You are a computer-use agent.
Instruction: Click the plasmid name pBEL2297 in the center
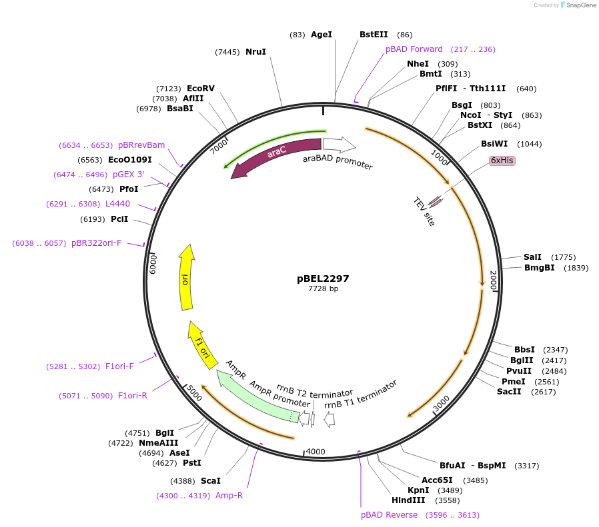[323, 278]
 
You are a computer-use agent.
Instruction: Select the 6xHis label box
[502, 161]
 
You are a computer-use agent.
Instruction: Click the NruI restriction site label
[255, 52]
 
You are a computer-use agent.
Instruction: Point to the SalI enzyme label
[532, 257]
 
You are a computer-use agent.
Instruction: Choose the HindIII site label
[408, 500]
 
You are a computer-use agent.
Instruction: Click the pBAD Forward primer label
[414, 49]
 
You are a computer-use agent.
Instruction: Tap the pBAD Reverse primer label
[389, 515]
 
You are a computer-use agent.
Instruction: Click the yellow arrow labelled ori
[186, 278]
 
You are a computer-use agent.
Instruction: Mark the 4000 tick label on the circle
[316, 451]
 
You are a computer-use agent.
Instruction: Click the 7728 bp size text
[323, 289]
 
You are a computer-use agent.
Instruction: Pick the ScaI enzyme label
[210, 480]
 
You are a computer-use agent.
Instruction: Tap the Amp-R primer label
[229, 496]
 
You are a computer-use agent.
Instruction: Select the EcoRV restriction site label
[200, 89]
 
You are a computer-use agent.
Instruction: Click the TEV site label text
[424, 211]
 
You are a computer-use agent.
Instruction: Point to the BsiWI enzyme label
[494, 144]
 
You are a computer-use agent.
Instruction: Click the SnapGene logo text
[580, 5]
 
